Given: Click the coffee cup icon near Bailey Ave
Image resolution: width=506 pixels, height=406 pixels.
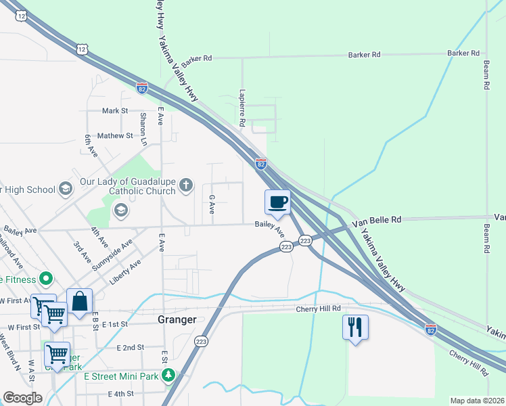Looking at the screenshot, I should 278,202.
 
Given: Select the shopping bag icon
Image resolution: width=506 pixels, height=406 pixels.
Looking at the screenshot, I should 79,301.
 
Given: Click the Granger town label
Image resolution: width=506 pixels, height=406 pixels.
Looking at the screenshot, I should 177,320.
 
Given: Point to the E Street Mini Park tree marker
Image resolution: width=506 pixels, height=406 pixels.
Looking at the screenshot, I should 171,375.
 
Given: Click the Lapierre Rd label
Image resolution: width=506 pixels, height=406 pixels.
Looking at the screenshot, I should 241,109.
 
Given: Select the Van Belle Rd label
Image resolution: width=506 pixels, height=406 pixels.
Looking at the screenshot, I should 382,220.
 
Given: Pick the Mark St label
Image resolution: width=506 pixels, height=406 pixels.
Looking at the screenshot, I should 114,110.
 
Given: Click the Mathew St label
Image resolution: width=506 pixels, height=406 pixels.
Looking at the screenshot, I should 115,135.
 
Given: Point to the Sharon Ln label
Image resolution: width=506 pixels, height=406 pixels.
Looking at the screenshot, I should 143,129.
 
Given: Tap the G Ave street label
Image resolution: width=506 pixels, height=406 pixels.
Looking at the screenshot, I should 212,205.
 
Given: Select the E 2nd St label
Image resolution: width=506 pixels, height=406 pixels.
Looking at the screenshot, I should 131,347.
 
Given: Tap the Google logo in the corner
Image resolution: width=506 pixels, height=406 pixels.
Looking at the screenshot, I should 22,398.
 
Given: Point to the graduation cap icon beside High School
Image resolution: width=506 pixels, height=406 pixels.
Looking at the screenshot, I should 66,188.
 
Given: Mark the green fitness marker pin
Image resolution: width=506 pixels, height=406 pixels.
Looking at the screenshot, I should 46,278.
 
